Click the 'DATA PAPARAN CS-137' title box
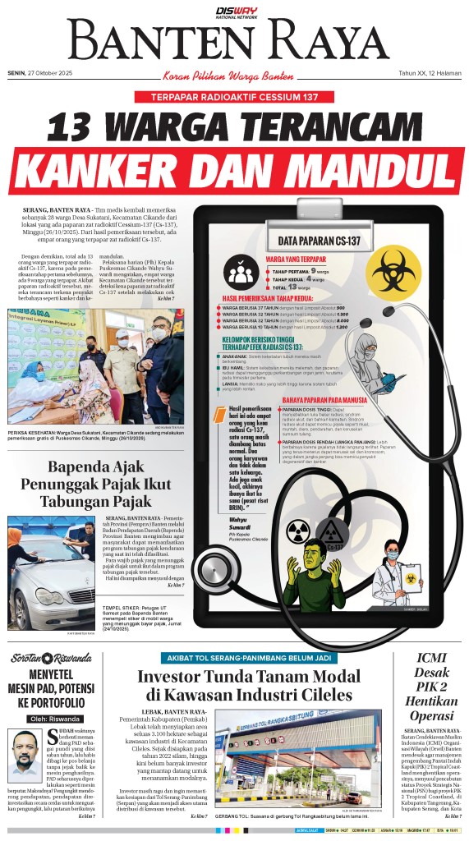coord(320,241)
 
